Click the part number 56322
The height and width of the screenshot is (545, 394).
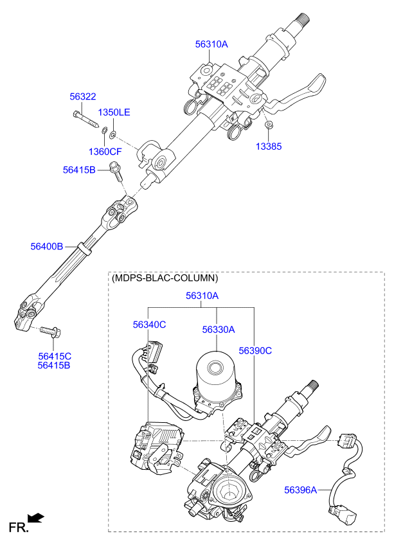click(x=83, y=96)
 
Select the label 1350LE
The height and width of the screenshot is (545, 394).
click(x=114, y=112)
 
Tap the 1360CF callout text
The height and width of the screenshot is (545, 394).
click(x=105, y=152)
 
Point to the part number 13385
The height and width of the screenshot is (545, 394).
click(x=269, y=147)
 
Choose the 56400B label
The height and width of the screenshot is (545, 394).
click(x=47, y=246)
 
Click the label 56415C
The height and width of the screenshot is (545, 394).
click(x=55, y=356)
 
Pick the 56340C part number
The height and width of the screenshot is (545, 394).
click(x=149, y=325)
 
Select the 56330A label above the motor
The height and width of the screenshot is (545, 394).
click(x=219, y=330)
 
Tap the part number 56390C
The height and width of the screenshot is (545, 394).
click(x=255, y=351)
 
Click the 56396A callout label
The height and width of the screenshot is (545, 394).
click(x=300, y=490)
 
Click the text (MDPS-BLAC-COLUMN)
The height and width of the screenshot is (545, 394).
click(x=165, y=278)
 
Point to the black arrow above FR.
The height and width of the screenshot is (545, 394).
click(x=36, y=518)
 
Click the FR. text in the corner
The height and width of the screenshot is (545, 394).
click(x=19, y=528)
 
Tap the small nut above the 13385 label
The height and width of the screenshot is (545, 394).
click(x=268, y=125)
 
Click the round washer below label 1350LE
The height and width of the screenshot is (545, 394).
click(x=113, y=134)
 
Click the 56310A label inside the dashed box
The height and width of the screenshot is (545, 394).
click(x=202, y=296)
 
